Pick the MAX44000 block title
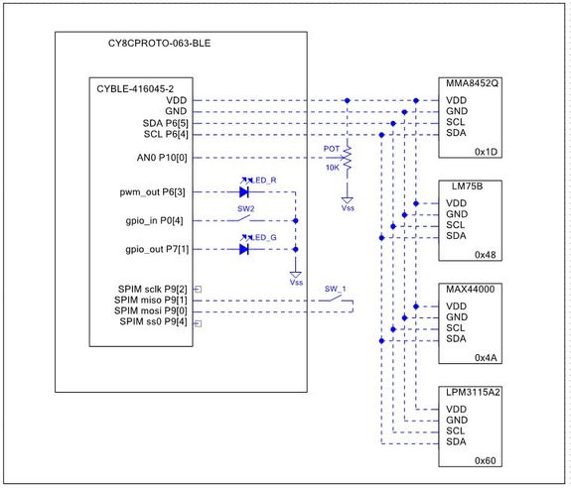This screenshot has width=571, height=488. coord(471,289)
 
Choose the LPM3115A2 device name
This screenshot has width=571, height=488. coord(473,393)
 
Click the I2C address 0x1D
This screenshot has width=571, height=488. coord(486,152)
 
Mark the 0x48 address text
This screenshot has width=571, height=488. coord(486,255)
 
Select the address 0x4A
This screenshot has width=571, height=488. coord(486,358)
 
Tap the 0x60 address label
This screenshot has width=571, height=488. coord(486,461)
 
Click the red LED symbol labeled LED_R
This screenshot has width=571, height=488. coord(244,192)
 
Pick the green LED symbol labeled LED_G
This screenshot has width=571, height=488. coord(244,249)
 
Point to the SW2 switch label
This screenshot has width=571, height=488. coord(245,209)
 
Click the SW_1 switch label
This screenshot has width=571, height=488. coord(335,289)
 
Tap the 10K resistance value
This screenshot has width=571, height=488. coord(332,168)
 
